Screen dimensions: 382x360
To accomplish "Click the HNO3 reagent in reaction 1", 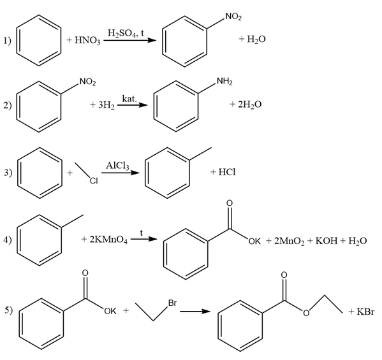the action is [87, 40].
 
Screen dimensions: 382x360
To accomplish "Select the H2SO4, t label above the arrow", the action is [126, 32].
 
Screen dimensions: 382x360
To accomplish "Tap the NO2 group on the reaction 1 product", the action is [233, 17].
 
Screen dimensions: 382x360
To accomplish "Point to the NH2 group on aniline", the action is [224, 82].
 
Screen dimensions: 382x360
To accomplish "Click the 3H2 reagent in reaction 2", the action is [107, 105].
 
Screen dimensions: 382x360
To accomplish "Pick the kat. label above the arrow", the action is [129, 99].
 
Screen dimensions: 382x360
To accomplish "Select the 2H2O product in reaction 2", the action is [250, 104].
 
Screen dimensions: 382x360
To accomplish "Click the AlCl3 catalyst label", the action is [117, 166].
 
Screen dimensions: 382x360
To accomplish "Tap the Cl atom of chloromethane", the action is [94, 180].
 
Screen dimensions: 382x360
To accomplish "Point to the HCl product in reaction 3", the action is [227, 172].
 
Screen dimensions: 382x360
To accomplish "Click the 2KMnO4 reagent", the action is [108, 240].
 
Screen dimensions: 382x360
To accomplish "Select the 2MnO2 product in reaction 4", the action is [289, 241].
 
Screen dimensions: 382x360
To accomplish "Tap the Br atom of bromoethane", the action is [172, 303].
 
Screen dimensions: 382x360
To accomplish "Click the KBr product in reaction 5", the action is [365, 312].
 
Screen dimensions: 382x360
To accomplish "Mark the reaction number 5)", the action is [8, 310].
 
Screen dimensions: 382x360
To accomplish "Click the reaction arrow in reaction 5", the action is [195, 312].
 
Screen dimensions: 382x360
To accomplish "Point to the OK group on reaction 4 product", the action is [254, 241].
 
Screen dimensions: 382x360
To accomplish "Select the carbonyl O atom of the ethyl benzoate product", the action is [284, 275].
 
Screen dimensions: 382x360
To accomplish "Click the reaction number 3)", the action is [8, 172].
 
